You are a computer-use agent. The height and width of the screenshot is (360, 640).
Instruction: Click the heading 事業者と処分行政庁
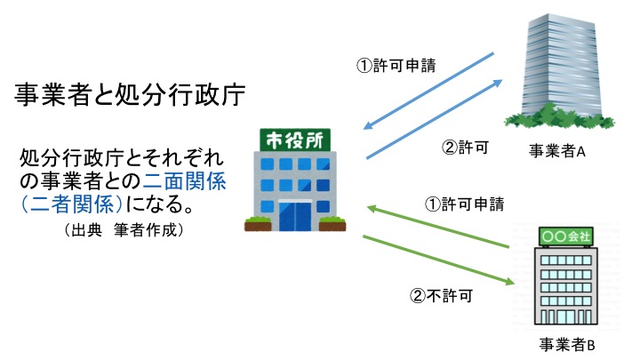(130, 95)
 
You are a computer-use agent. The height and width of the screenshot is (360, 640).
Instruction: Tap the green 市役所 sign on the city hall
(295, 140)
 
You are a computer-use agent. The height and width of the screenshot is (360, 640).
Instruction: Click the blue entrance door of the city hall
(295, 216)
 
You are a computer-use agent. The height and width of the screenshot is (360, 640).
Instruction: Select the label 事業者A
(557, 151)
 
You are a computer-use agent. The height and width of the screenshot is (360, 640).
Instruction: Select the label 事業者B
(567, 345)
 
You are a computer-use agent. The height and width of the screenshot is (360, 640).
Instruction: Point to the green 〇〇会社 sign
(566, 236)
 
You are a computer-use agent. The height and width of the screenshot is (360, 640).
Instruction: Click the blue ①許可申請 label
(396, 65)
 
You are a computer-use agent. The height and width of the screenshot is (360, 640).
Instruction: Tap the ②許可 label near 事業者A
(465, 148)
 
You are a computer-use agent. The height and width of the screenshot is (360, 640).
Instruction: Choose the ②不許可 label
(441, 295)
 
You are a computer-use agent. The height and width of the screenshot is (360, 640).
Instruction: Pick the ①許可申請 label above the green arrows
(465, 204)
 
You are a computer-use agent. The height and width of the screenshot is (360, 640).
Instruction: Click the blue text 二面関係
(185, 180)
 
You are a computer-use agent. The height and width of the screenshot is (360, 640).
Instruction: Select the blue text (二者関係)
(72, 204)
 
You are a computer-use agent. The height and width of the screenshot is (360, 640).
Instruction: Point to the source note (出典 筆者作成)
(124, 230)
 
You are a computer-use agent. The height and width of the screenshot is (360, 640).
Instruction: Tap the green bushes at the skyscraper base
(559, 116)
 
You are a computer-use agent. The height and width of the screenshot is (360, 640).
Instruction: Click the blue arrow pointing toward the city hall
(428, 91)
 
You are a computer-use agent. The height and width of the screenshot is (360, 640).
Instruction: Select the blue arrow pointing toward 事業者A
(435, 119)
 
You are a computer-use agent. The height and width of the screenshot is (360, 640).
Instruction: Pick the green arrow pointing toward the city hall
(438, 227)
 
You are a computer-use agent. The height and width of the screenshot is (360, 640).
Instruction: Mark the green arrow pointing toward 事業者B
(438, 260)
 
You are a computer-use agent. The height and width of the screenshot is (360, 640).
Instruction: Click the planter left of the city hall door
(258, 225)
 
